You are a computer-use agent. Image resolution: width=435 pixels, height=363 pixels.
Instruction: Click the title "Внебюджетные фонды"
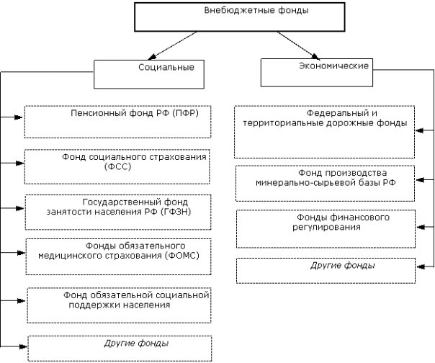256,11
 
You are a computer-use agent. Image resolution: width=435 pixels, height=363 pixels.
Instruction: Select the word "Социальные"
166,68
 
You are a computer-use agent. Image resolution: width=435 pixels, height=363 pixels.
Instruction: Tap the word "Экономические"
333,66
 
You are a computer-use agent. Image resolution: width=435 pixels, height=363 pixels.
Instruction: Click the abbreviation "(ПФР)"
185,113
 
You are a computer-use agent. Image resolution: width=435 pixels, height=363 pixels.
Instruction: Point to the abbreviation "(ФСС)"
118,167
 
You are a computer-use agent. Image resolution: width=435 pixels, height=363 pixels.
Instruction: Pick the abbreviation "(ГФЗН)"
176,212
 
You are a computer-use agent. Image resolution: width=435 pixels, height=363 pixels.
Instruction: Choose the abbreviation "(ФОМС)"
181,255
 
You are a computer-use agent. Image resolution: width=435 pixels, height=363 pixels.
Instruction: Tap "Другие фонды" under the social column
136,344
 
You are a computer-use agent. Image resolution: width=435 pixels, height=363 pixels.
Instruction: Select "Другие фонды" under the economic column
343,266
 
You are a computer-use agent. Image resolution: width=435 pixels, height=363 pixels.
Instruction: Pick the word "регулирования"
326,228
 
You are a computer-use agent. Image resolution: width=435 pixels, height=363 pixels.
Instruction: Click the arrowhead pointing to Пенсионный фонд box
18,117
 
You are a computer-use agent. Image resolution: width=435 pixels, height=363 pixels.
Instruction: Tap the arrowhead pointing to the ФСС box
20,163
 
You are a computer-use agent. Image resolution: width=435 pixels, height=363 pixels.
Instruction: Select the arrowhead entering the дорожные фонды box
420,130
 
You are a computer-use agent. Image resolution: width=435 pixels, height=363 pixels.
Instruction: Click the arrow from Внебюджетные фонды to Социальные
172,45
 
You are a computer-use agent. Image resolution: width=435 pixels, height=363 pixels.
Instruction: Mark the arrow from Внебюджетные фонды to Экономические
298,45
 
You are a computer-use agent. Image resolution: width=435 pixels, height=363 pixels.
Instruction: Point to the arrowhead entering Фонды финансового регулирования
421,228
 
